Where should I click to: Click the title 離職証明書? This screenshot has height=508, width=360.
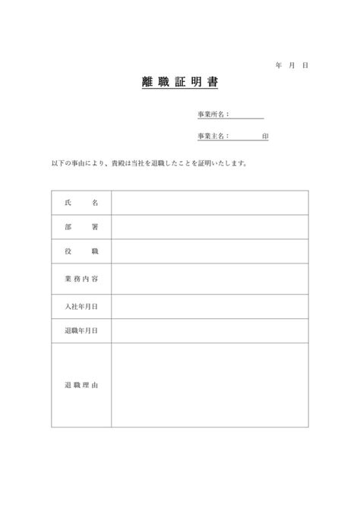coord(180,81)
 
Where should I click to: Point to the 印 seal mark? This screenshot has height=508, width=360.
coord(264,137)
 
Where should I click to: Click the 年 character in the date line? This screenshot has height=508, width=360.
coord(279,66)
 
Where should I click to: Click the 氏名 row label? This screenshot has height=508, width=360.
coord(82,203)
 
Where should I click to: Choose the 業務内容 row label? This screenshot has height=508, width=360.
coord(82,279)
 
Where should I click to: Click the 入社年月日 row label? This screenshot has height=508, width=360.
coord(82,305)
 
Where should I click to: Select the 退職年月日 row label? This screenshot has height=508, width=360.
coord(82,330)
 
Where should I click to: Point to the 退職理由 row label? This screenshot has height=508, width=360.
coord(82,385)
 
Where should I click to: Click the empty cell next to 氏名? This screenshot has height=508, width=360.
coord(210,203)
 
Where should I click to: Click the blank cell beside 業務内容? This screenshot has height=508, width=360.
coord(210,279)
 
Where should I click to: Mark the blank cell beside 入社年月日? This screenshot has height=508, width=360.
coord(210,305)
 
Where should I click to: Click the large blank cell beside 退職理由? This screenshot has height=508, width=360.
coord(210,385)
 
